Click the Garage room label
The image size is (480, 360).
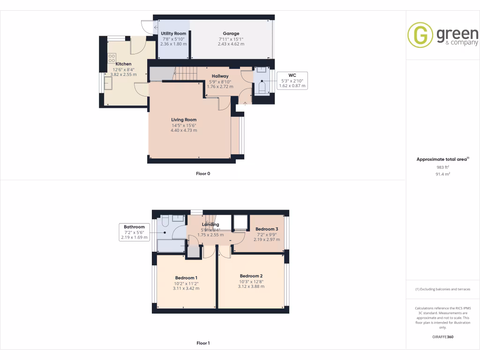coord(231,34)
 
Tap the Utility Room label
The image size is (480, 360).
coord(173,34)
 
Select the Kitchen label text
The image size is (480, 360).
coord(123,64)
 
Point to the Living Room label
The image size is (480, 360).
coord(184,120)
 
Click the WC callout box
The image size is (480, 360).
coord(292,81)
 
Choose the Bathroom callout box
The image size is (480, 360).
coord(134,232)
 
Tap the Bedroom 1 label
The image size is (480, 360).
coord(186,278)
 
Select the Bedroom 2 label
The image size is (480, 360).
coord(251,276)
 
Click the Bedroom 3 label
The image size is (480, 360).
coord(267,229)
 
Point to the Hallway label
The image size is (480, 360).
coord(220,76)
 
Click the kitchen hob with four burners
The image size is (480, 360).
coord(112,58)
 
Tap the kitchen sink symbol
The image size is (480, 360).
coord(109,83)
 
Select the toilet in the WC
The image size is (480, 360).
coord(262,87)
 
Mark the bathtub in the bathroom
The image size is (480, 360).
coord(171,246)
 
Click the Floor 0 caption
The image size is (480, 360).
coord(203,173)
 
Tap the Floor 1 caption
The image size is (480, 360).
coord(203,343)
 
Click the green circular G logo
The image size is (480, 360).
coord(420,35)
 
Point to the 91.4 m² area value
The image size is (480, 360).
coord(442,174)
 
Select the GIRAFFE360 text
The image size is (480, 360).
coord(442,337)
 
